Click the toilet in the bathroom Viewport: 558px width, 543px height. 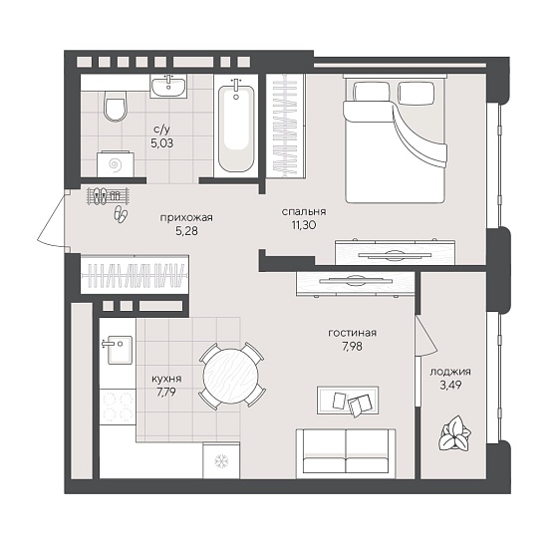click(x=116, y=106)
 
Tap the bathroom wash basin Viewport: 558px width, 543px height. click(x=168, y=86)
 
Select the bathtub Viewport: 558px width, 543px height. click(x=236, y=128)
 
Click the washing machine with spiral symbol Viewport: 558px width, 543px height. click(x=116, y=164)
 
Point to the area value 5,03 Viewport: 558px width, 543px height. click(x=161, y=143)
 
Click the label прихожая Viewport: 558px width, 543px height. click(x=186, y=218)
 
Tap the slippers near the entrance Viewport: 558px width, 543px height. click(x=121, y=214)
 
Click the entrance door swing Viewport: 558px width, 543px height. click(x=52, y=218)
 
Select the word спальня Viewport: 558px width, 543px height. click(x=304, y=211)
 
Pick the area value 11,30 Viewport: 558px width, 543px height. click(x=304, y=225)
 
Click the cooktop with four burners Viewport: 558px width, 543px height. click(x=118, y=407)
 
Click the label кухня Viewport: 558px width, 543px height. click(x=166, y=379)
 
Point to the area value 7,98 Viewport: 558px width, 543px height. click(x=353, y=347)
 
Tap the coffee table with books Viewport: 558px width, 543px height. click(x=348, y=401)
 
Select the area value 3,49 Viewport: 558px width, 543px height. click(x=450, y=385)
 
